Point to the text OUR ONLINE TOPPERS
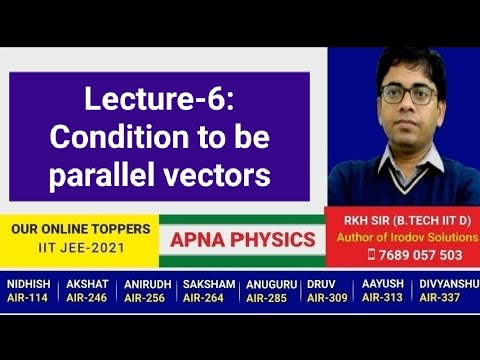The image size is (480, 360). pos(81,228)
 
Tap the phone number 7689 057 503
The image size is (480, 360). pos(412,254)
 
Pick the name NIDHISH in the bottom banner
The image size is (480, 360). pos(29,284)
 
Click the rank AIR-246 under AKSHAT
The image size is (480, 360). pos(88,298)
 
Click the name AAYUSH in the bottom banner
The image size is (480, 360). pos(383,284)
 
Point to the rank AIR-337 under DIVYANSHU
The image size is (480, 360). pos(444,298)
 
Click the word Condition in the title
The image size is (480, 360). pos(110,137)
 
